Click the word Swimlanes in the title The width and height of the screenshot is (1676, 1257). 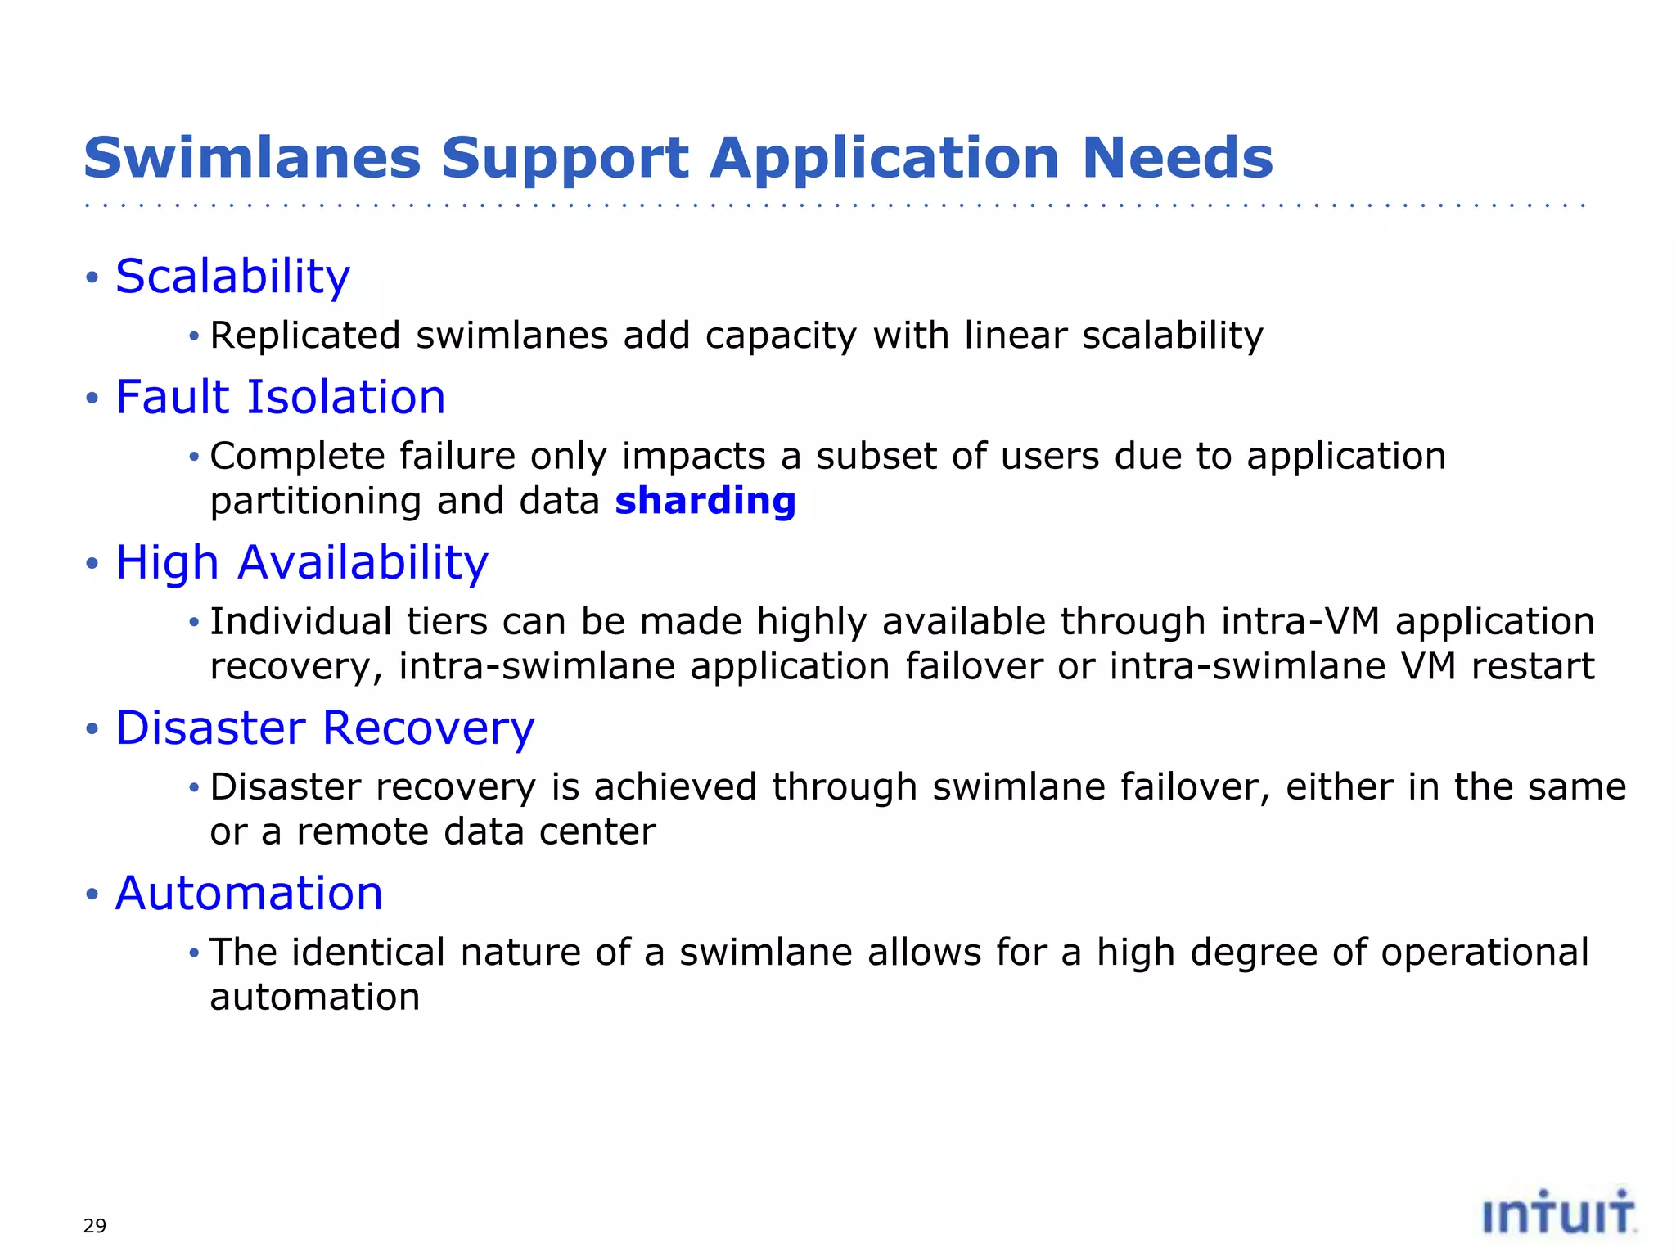pos(252,158)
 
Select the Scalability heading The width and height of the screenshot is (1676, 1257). pos(232,277)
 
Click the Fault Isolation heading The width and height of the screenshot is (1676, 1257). pos(280,398)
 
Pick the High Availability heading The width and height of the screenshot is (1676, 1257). pos(301,563)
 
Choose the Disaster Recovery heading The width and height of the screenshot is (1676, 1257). pos(325,728)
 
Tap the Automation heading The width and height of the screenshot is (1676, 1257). pos(249,894)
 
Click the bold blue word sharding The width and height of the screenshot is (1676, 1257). pos(705,501)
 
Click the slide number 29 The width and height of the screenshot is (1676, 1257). pos(95,1226)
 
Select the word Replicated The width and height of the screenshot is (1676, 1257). pos(305,336)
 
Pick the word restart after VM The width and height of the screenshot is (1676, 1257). pos(1533,666)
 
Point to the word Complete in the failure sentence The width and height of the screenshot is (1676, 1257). pos(298,457)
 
